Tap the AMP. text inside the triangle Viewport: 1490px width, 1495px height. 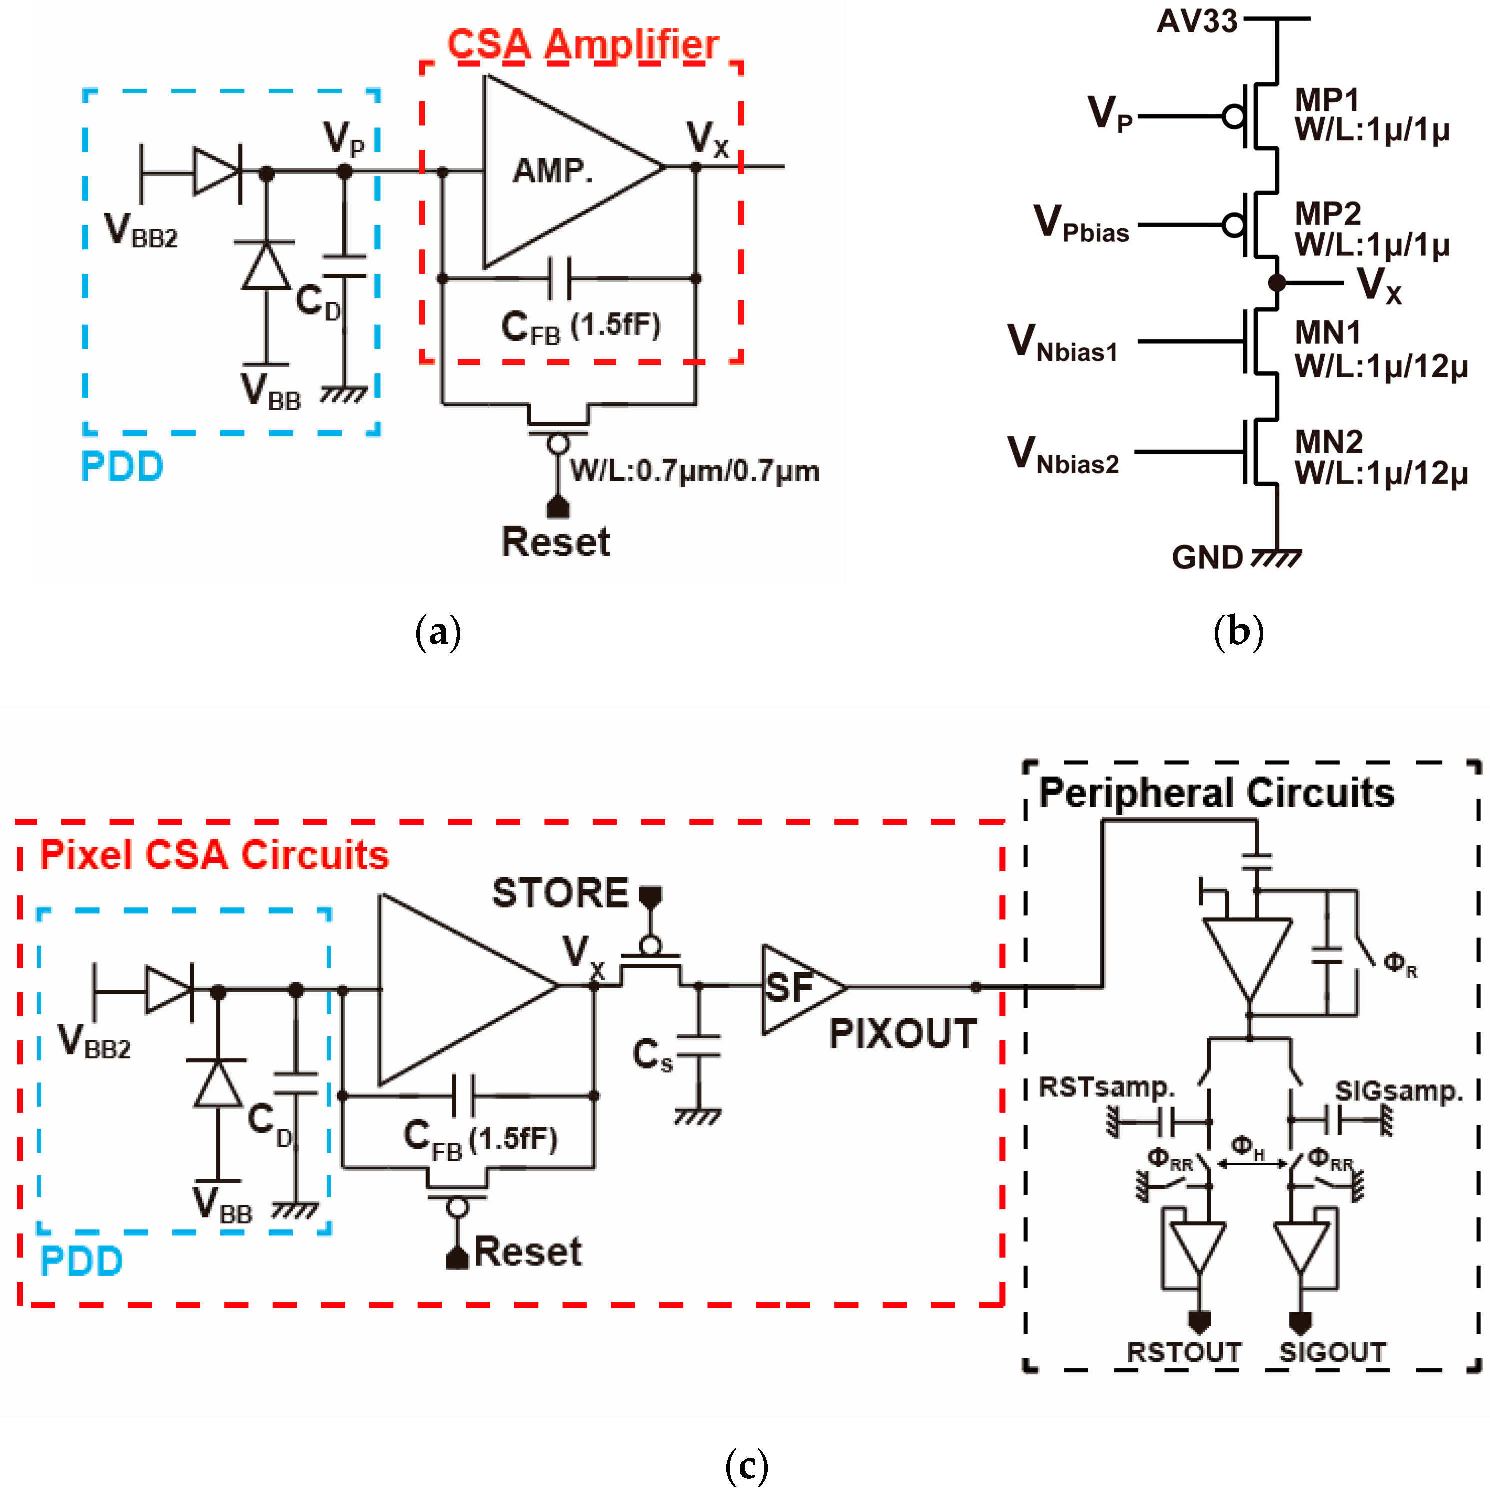552,170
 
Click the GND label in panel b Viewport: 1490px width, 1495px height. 1207,557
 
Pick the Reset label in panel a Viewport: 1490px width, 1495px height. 555,541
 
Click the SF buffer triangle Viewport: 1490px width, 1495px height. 797,988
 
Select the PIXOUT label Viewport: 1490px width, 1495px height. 903,1034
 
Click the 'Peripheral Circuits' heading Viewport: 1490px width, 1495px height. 1216,792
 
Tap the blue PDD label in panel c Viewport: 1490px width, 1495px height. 81,1262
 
